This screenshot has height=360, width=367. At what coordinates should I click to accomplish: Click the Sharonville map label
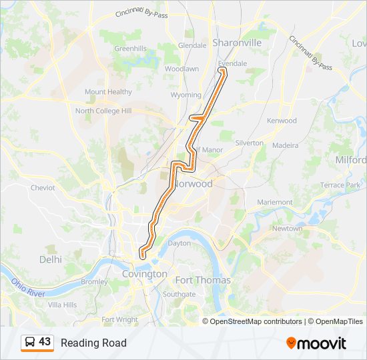click(237, 42)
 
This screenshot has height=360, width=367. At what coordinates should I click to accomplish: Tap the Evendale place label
click(233, 63)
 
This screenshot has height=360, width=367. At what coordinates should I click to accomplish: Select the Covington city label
click(145, 274)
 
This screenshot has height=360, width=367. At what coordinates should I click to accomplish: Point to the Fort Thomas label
click(203, 280)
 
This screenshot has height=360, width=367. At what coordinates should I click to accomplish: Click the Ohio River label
click(27, 287)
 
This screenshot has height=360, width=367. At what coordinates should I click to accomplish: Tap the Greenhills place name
click(130, 49)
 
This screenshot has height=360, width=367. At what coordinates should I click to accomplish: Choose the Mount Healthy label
click(108, 92)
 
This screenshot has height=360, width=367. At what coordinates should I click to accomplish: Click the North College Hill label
click(103, 111)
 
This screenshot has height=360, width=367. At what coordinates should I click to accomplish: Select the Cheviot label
click(43, 188)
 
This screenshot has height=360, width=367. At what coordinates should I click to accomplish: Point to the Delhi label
click(50, 259)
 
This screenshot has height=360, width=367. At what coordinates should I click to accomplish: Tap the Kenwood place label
click(282, 121)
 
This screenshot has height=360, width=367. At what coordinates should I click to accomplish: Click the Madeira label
click(286, 145)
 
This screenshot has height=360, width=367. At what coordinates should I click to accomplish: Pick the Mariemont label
click(275, 202)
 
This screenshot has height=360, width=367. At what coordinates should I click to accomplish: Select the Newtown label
click(287, 228)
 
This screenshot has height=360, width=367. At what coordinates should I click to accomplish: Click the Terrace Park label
click(340, 185)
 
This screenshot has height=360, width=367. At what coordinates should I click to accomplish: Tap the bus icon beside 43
click(29, 343)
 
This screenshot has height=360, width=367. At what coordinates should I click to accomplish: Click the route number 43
click(45, 342)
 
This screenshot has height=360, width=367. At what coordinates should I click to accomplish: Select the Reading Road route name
click(93, 343)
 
